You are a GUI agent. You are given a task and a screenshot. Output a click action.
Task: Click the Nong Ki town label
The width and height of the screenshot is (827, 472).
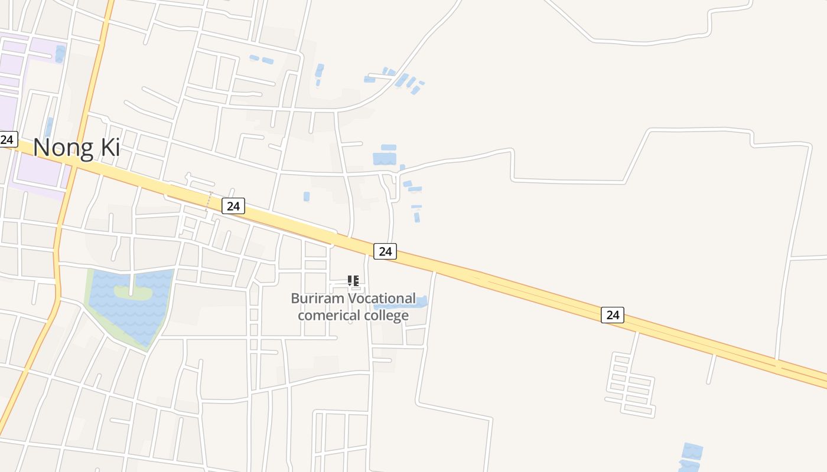point(76,147)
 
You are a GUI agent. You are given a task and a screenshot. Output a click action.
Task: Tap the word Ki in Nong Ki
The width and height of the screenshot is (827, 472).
point(110,147)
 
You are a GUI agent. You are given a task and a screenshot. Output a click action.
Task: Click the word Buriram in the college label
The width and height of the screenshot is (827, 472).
point(317,299)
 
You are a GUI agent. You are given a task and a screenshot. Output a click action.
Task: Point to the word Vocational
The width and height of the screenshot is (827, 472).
point(381,299)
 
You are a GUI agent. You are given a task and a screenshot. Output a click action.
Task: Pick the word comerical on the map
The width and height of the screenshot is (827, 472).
point(327,315)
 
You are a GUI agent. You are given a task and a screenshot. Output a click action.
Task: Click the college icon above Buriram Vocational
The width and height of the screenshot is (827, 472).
point(353,281)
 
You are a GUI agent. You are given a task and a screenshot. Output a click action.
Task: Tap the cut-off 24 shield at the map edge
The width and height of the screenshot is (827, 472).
point(7,140)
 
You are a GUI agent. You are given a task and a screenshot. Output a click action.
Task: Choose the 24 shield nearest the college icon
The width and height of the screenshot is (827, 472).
point(385,251)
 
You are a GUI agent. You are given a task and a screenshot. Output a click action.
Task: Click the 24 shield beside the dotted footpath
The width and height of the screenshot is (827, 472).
point(233,206)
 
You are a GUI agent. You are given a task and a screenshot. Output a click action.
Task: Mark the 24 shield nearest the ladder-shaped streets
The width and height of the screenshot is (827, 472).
point(613,314)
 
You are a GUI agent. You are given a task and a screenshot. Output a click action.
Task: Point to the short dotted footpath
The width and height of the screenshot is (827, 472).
point(209,201)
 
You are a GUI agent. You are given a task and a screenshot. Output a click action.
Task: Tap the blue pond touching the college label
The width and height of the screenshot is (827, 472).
point(418,302)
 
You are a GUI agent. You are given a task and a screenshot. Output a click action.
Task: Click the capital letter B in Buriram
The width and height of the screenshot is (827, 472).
point(295,299)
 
